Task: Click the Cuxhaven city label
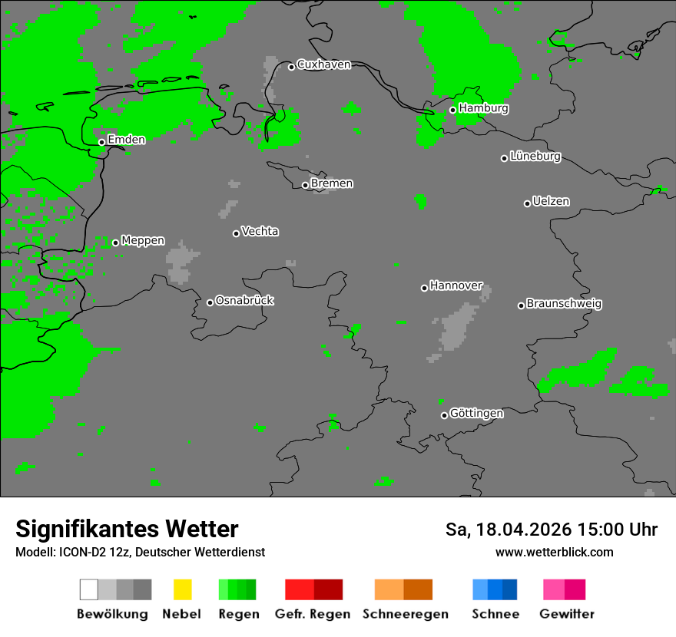[x=323, y=64]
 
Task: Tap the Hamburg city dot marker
[x=453, y=110]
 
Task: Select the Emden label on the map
[x=126, y=140]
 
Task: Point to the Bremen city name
[x=332, y=183]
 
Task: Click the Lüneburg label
[x=535, y=157]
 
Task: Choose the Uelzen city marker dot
[x=528, y=203]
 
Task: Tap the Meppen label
[x=143, y=241]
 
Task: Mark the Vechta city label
[x=260, y=232]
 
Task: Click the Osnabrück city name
[x=244, y=301]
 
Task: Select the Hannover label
[x=456, y=285]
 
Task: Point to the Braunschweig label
[x=564, y=304]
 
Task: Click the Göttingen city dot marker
[x=445, y=415]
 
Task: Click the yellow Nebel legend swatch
[x=182, y=589]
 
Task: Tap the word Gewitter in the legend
[x=567, y=614]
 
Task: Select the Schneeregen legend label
[x=406, y=614]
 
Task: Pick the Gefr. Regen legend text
[x=313, y=614]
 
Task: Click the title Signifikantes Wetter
[x=127, y=530]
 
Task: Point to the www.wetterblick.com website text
[x=554, y=553]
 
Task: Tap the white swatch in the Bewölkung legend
[x=89, y=589]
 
